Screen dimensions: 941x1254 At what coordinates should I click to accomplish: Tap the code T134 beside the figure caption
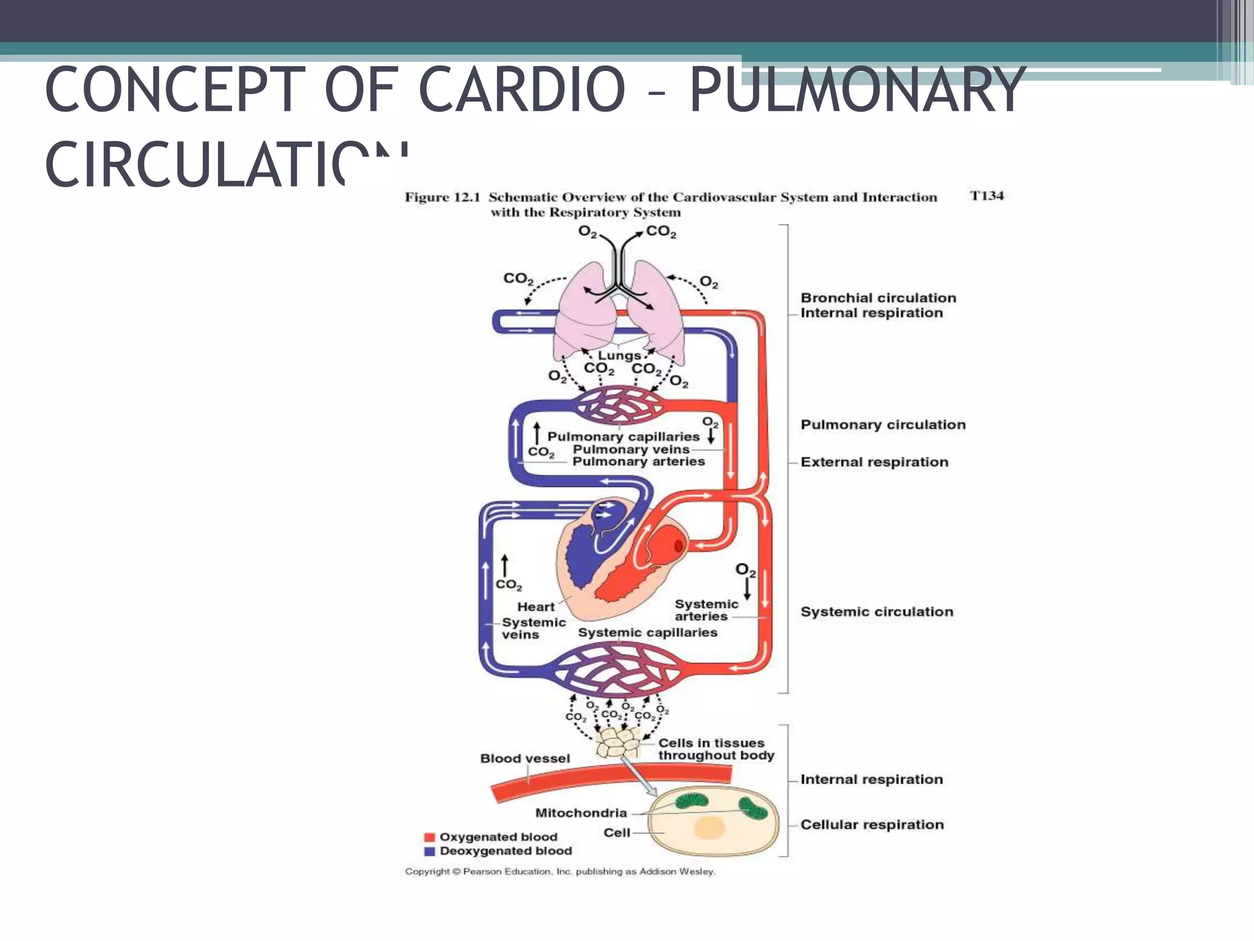986,196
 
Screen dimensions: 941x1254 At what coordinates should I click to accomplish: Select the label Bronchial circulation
877,298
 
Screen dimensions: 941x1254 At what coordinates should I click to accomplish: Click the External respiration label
874,462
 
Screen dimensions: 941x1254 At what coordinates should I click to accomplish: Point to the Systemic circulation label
876,611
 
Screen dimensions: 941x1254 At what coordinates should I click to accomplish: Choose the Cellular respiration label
871,825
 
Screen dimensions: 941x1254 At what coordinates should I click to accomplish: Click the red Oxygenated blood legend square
429,837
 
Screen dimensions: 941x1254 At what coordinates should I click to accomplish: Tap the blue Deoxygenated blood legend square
429,851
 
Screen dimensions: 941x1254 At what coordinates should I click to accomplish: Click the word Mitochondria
580,813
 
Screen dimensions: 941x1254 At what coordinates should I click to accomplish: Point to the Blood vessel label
525,758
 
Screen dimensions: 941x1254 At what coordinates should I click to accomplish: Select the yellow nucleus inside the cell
709,828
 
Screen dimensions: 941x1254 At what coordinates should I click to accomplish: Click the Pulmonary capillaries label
623,437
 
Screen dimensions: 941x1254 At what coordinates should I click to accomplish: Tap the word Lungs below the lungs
619,355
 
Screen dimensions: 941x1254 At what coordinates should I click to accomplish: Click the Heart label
535,607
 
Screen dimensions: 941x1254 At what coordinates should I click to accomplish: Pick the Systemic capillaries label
647,632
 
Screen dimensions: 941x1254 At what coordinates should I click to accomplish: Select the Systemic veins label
533,628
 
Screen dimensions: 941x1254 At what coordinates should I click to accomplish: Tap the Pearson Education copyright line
559,871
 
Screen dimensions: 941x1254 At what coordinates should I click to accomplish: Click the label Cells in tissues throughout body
715,749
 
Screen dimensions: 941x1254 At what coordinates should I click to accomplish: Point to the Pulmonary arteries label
638,461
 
